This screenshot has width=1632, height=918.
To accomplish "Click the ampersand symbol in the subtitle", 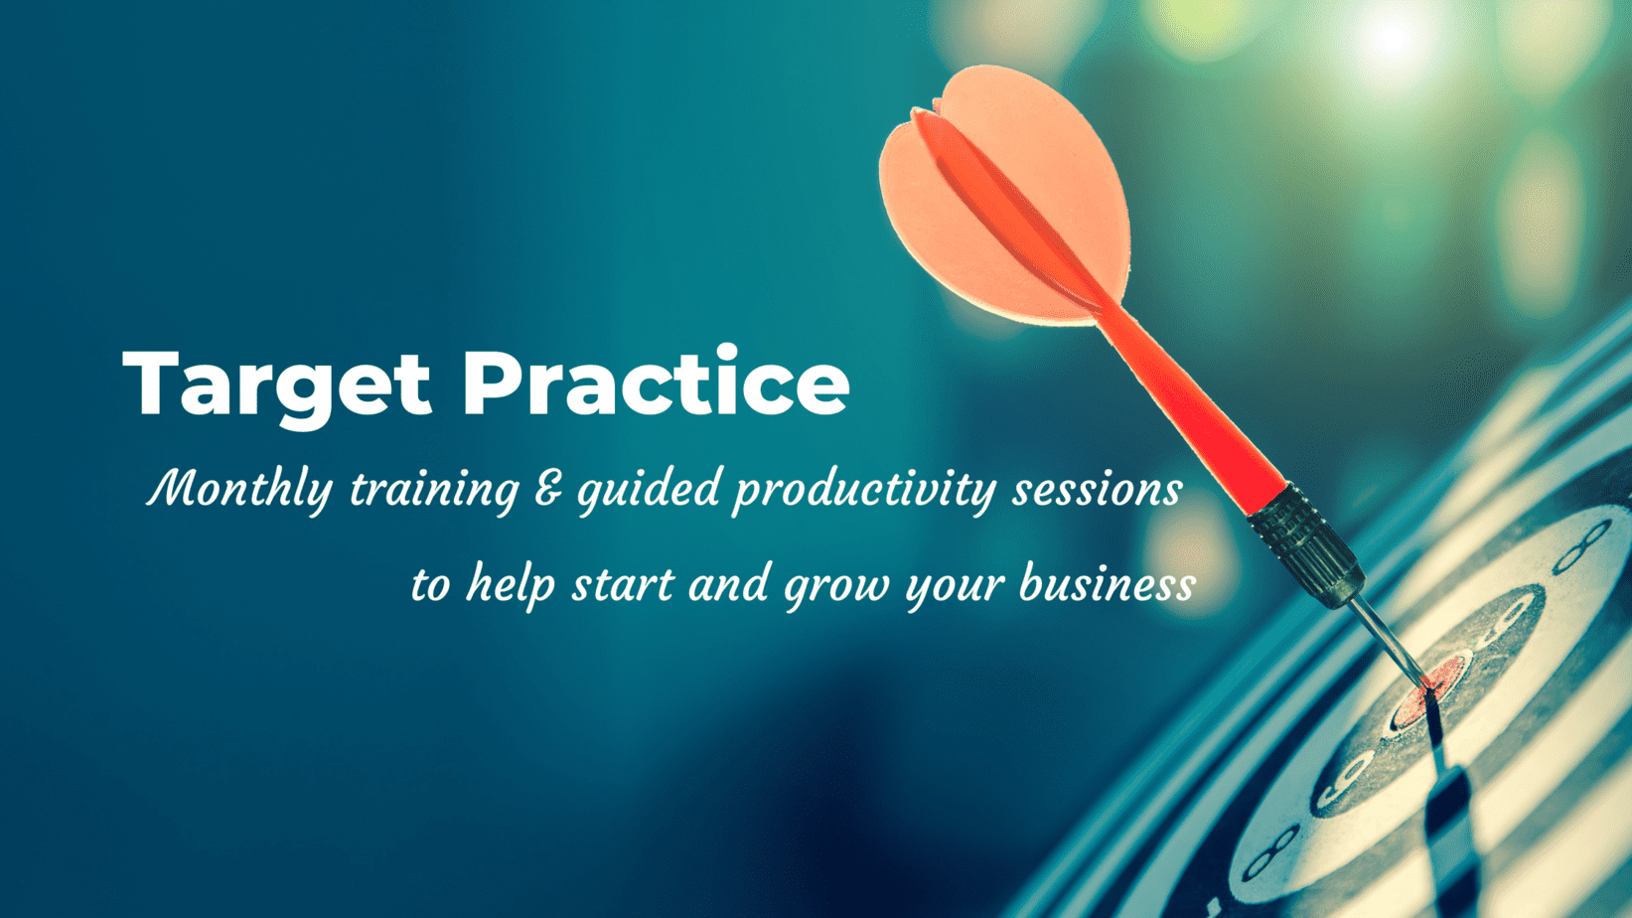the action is click(x=548, y=488).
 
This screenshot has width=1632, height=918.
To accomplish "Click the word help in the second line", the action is click(x=511, y=585).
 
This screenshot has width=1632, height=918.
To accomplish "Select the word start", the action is click(x=623, y=586).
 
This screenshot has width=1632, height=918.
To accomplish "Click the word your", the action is click(x=955, y=589).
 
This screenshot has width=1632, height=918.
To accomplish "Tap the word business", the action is click(x=1108, y=585).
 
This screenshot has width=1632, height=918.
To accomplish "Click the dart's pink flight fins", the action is click(x=1005, y=194).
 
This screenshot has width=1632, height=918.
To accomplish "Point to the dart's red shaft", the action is click(x=1195, y=408).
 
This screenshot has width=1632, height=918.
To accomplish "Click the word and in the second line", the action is click(x=729, y=585).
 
